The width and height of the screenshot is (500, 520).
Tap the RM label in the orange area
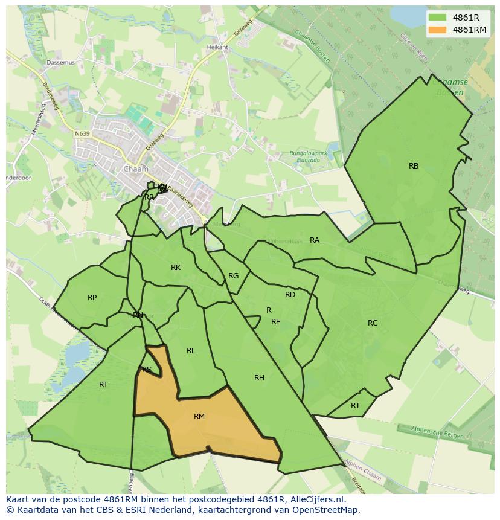click(x=199, y=417)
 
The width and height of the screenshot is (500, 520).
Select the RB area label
click(x=414, y=166)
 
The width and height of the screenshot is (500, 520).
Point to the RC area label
click(x=373, y=323)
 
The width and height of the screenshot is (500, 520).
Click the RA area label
click(x=315, y=240)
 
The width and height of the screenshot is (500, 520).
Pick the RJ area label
click(x=355, y=406)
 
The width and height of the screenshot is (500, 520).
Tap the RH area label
click(x=259, y=378)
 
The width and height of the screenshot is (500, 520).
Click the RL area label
click(x=191, y=351)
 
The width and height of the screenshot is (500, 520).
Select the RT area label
click(x=103, y=385)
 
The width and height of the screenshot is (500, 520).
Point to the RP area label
click(x=92, y=298)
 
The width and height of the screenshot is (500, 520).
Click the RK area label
click(x=176, y=268)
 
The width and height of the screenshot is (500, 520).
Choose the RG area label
click(x=234, y=276)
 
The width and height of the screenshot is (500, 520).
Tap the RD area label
click(x=290, y=295)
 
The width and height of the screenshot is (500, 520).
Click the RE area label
click(x=276, y=322)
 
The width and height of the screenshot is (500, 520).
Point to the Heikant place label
click(x=217, y=47)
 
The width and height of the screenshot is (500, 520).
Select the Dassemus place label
click(x=61, y=62)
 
